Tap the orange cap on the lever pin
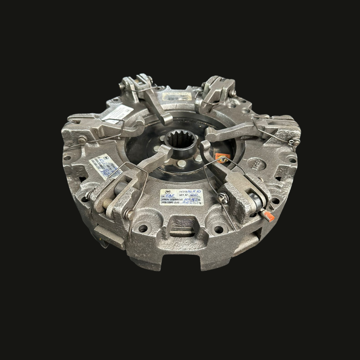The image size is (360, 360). [x=268, y=216]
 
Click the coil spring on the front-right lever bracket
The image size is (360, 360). [x=222, y=197]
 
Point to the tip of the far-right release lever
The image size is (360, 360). [x=210, y=136]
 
